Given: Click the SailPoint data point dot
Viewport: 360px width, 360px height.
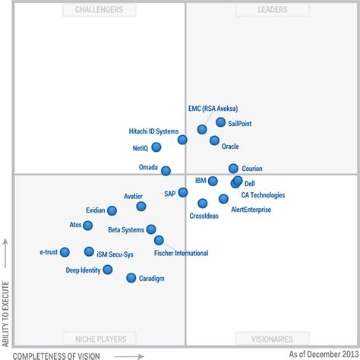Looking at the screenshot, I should [220, 122].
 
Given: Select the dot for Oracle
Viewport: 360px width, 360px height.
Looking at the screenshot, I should [215, 141].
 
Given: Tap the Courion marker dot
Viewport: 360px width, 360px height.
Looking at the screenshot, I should [233, 169].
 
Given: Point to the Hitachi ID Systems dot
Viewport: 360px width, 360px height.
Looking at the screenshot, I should [182, 140].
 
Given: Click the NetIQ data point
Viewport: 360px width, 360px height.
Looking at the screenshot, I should [156, 147].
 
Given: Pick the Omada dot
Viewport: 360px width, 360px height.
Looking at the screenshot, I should [166, 171].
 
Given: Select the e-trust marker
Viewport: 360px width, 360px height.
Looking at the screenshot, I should [65, 252].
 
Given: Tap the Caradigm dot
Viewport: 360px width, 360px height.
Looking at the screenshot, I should [131, 278].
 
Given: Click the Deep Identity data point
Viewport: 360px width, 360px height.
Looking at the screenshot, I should [108, 270].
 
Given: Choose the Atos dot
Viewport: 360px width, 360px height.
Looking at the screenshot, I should [88, 226].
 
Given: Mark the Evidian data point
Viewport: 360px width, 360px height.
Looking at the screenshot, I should [112, 210].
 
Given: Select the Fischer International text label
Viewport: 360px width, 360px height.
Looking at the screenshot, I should [181, 253].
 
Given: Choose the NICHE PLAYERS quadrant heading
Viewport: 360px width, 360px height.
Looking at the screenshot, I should [106, 339].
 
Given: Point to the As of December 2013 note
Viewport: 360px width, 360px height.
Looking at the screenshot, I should [321, 354].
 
